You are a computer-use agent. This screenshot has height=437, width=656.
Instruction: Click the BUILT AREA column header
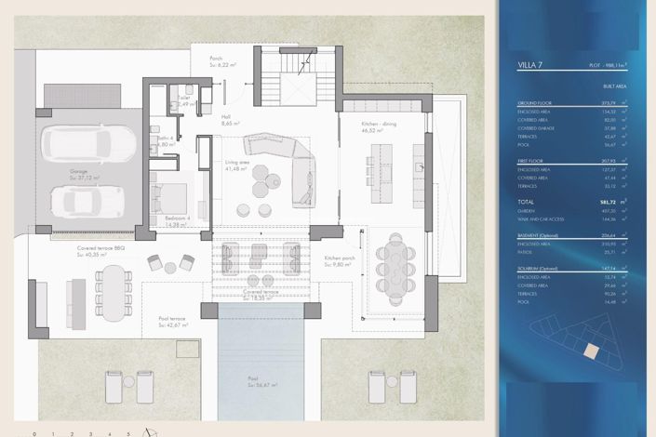pos(614,86)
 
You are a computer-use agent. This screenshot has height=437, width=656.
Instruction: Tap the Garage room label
pos(79,171)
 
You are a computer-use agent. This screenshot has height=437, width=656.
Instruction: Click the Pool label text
pos(252,378)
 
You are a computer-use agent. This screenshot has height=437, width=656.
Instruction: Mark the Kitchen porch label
pos(337,259)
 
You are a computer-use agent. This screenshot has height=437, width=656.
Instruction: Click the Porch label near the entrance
pos(216,59)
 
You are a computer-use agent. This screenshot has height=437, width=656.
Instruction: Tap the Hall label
pos(225,118)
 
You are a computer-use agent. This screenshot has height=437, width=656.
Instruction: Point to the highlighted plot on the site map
pos(589,351)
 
